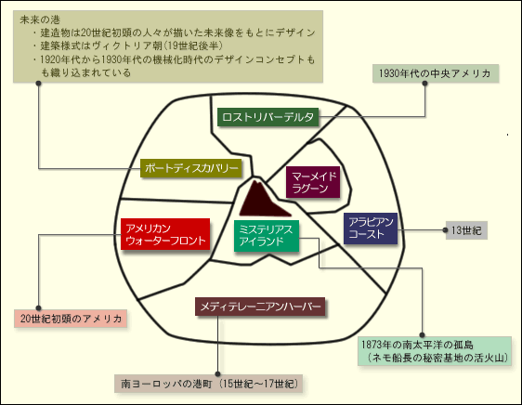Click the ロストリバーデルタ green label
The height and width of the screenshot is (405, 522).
tap(268, 117)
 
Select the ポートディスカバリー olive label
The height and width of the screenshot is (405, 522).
tap(191, 168)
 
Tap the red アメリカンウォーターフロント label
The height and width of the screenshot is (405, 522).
tap(165, 234)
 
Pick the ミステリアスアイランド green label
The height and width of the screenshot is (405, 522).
tap(267, 236)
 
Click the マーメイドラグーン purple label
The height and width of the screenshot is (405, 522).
tap(313, 182)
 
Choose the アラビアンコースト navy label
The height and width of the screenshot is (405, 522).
tap(371, 229)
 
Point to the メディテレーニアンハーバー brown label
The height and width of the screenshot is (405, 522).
tap(260, 307)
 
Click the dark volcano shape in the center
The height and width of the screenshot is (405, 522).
tap(263, 200)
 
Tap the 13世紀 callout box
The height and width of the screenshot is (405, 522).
tap(466, 230)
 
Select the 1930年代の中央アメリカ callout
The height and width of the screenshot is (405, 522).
tap(435, 73)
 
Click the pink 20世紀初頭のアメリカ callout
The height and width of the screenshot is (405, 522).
tap(71, 319)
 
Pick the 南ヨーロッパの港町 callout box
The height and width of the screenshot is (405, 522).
tap(208, 384)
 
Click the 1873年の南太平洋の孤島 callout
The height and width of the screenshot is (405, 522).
tap(435, 351)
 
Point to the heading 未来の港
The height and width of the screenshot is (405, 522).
tap(40, 20)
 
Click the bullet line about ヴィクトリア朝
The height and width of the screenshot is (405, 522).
tap(128, 46)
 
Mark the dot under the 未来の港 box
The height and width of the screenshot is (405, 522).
tap(39, 83)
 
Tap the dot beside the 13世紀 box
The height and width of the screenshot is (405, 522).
tap(446, 230)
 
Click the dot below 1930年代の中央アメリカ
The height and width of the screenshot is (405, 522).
tap(424, 83)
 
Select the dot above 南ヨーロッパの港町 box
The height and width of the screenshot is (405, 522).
tap(217, 374)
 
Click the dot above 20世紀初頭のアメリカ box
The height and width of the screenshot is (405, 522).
tap(39, 308)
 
